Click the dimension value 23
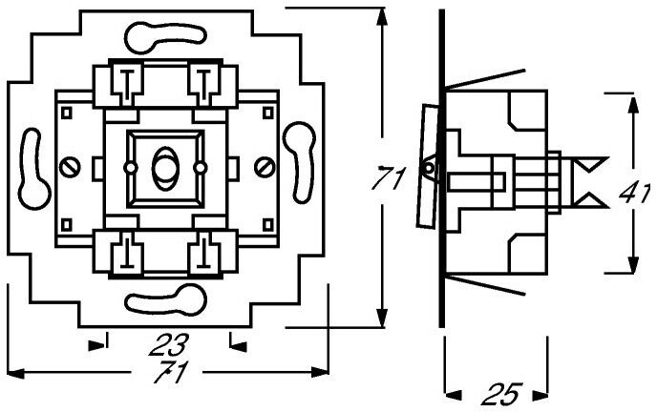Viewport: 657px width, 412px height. pos(169,344)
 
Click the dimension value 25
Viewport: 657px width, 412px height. pos(502,394)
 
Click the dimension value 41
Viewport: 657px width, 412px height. pos(635,193)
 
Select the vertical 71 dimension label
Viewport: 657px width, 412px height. pos(389,177)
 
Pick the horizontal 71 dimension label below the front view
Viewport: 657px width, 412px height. pos(171,371)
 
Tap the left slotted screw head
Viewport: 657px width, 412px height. pos(70,167)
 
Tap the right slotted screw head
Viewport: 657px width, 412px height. pos(265,167)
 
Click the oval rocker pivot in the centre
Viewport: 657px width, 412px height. pos(165,168)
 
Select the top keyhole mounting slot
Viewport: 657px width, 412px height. pos(165,37)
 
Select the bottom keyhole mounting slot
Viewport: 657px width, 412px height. pos(166,299)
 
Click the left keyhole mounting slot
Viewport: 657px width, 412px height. pos(32,169)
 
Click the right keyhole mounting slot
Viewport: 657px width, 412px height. pos(300,162)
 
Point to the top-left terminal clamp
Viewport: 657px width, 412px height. pos(126,85)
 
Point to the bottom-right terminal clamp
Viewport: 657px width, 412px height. pos(204,252)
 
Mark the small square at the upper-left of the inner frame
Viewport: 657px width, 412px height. pos(67,113)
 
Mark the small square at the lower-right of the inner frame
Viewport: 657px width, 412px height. pos(267,225)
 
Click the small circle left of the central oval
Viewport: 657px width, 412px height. pos(130,168)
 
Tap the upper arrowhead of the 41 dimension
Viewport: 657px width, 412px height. pos(633,103)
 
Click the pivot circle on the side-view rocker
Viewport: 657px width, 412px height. pos(429,168)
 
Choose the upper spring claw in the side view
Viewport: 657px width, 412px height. pos(484,78)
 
